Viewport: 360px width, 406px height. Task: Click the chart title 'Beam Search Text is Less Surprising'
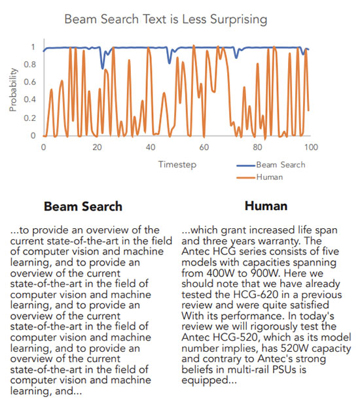click(166, 19)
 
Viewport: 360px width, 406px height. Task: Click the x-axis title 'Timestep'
click(177, 165)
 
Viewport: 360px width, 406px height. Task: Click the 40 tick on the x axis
click(151, 148)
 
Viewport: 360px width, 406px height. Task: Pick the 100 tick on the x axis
click(311, 148)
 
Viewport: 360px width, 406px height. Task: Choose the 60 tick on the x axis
click(204, 148)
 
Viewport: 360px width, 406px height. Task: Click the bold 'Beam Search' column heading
click(82, 207)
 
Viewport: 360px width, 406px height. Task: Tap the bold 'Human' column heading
click(266, 207)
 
